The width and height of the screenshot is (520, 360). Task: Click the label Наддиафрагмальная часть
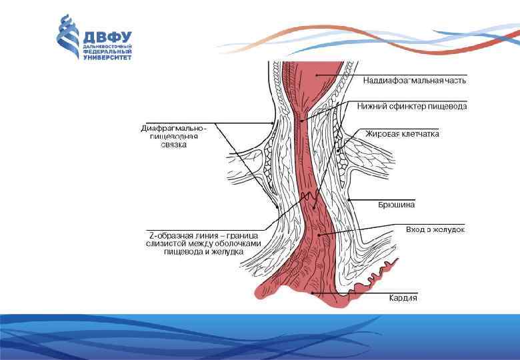pyautogui.click(x=414, y=81)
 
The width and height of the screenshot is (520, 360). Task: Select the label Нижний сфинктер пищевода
pyautogui.click(x=411, y=106)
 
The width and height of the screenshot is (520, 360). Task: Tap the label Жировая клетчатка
pyautogui.click(x=401, y=134)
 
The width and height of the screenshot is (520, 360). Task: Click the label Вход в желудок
pyautogui.click(x=435, y=229)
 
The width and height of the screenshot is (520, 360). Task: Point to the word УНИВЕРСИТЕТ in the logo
pyautogui.click(x=107, y=57)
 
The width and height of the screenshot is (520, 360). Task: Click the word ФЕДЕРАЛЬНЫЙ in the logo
pyautogui.click(x=107, y=52)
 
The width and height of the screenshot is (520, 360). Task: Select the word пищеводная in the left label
pyautogui.click(x=169, y=137)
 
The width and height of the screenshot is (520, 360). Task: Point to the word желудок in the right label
pyautogui.click(x=449, y=229)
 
